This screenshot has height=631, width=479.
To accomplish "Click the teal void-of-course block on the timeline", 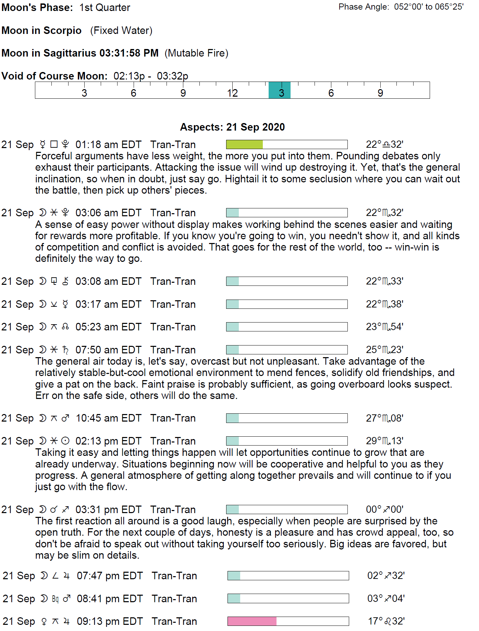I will (279, 90).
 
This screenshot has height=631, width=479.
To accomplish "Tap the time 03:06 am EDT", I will (108, 213).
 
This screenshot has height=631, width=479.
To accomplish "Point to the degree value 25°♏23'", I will (384, 350).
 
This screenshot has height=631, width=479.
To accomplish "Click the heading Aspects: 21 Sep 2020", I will (232, 127).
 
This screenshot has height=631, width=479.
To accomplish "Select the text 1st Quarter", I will (105, 8).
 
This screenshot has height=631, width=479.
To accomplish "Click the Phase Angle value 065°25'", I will (449, 7).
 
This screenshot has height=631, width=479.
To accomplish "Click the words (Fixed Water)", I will (121, 31).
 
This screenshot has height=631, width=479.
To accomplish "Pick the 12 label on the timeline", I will (232, 93).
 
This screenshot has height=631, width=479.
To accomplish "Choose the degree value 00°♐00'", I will (384, 509).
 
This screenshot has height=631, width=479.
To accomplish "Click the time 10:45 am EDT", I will (108, 418).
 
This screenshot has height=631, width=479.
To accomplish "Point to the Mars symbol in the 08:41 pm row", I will (67, 598).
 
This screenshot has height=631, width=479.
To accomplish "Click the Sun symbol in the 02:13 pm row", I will (65, 441).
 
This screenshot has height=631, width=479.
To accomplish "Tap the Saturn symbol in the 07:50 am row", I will (65, 350).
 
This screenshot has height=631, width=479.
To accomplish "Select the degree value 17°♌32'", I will (386, 621).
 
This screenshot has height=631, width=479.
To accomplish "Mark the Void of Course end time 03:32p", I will (172, 76).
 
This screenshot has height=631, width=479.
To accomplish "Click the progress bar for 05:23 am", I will (286, 327).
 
